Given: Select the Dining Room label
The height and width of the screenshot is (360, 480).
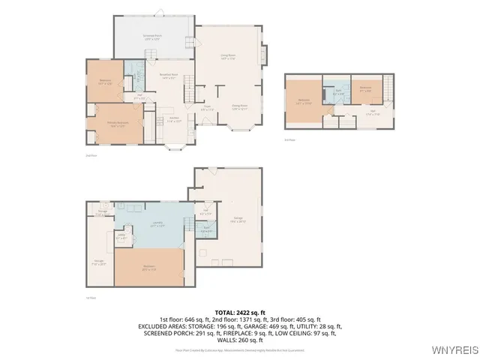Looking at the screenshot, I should tap(239, 106).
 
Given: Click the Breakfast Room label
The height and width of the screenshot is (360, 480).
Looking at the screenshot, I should tap(169, 76).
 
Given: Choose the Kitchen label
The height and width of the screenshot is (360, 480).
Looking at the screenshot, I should tap(173, 118).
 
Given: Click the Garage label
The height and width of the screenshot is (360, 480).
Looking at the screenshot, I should tap(238, 219).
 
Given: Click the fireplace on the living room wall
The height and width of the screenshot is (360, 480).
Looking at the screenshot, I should tap(264, 55).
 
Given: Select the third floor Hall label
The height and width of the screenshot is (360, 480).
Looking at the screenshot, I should tap(373, 114).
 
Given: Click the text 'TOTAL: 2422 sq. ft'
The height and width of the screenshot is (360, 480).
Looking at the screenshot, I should tap(239, 312).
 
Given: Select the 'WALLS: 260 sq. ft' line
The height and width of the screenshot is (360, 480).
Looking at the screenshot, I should tap(239, 340).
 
